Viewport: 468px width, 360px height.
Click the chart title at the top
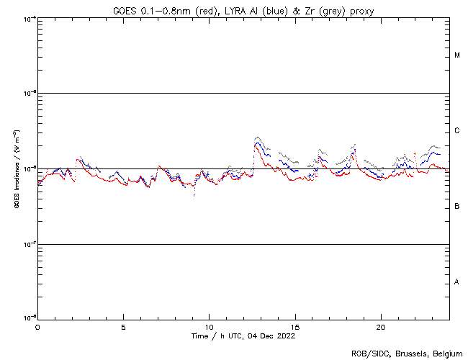243,9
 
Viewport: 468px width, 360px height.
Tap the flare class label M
457,55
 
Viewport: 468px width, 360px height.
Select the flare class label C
457,131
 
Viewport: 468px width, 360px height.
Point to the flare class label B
457,207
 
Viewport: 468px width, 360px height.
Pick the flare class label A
457,282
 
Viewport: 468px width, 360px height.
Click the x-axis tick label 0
37,326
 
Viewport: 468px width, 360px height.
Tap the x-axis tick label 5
123,326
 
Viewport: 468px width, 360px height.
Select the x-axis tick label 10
209,326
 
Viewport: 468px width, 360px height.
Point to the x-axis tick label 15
295,326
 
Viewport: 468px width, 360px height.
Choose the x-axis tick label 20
381,326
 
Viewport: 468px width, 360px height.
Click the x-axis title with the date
243,336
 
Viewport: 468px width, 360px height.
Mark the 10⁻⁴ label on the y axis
27,17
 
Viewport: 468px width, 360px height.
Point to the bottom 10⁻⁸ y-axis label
27,318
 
